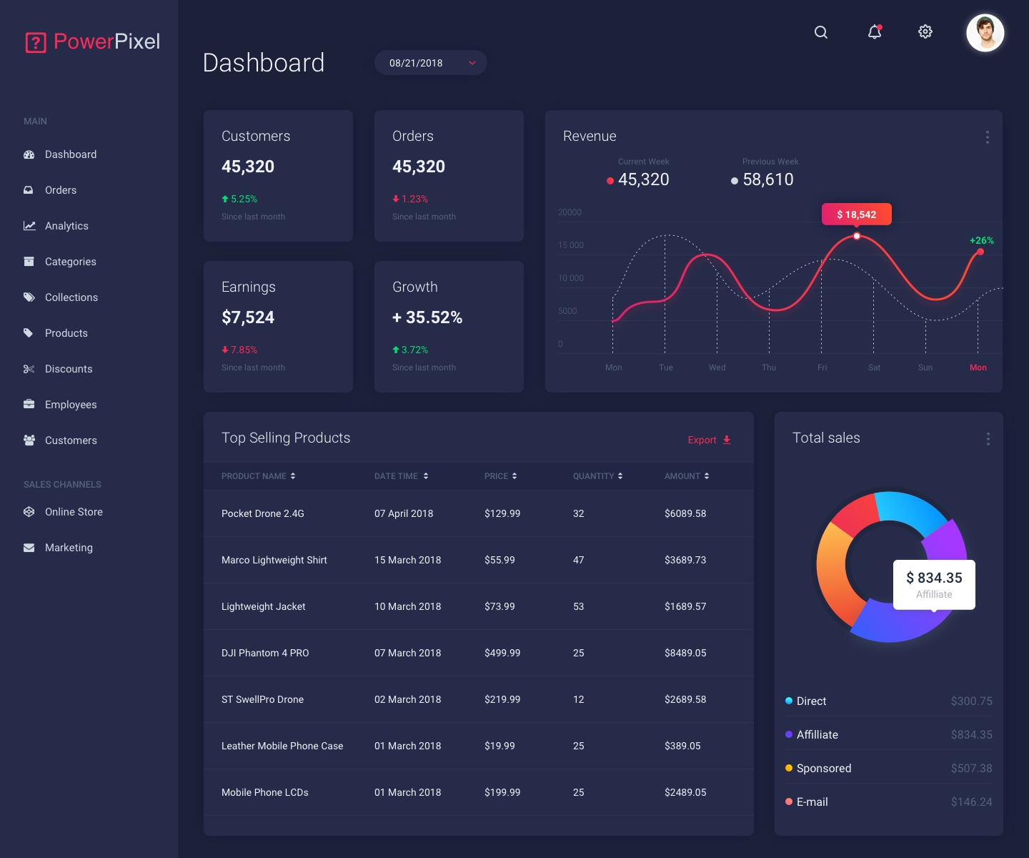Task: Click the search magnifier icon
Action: [821, 32]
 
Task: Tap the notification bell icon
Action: [875, 31]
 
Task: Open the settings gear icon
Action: [925, 31]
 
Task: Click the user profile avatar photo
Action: [985, 33]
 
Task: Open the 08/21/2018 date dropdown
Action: [431, 63]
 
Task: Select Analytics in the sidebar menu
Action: [66, 226]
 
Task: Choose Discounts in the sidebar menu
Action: [69, 369]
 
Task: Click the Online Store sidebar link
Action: [74, 512]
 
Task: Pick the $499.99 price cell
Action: [502, 653]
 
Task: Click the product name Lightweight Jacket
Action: [263, 606]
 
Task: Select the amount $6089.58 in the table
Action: [685, 513]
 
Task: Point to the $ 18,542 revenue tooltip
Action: [856, 214]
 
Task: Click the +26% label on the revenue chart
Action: [981, 240]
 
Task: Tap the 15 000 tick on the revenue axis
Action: [571, 245]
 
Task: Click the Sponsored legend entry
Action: [823, 768]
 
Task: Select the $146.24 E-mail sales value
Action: [971, 802]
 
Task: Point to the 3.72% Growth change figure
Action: [414, 350]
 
